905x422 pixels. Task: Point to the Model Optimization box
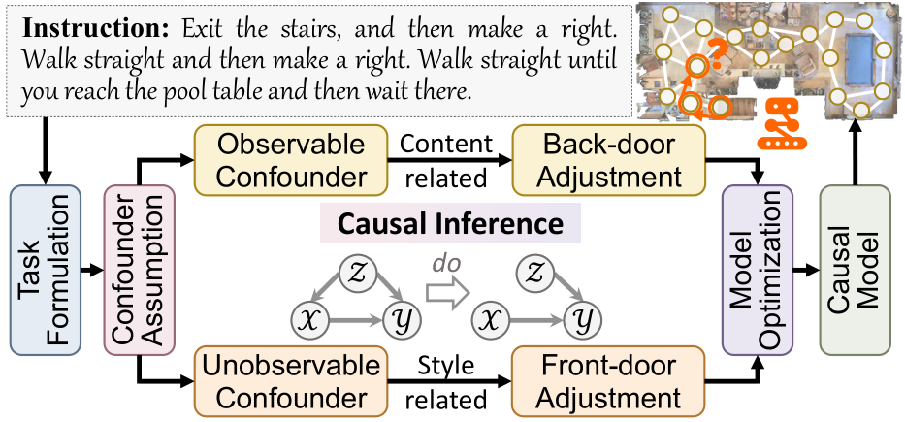pos(752,267)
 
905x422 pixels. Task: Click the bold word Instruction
pos(69,18)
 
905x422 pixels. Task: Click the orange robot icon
pos(782,121)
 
